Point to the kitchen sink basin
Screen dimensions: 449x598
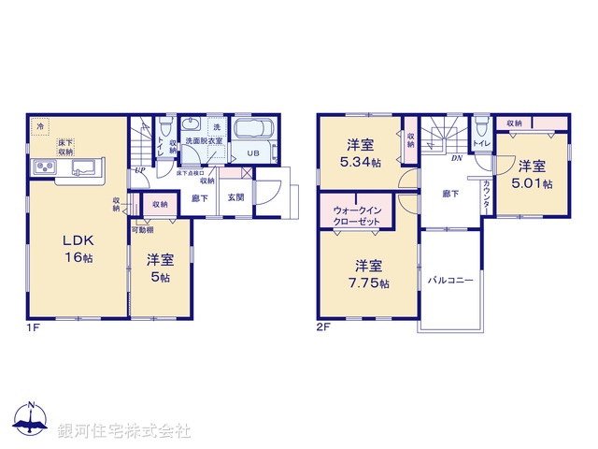83,168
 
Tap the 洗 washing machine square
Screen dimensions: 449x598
216,127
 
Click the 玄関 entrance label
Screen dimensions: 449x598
235,196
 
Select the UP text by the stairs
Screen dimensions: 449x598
139,169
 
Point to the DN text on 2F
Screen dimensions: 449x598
458,158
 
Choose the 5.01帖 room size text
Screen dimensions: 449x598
531,183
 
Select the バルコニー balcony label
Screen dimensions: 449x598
450,279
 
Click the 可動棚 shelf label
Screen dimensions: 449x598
142,230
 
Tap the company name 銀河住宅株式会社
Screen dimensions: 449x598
124,431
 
